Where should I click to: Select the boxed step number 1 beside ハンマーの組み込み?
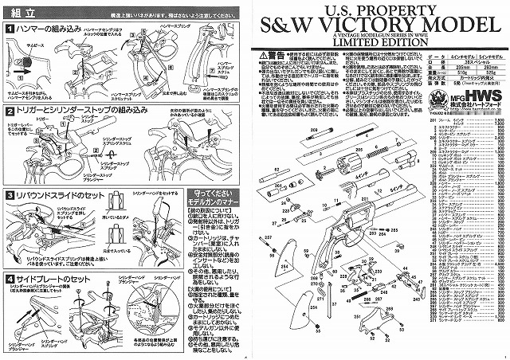10,29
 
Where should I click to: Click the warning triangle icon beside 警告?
252,57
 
